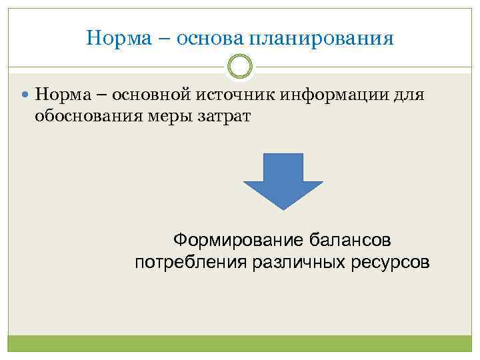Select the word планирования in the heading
click(321, 39)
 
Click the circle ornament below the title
click(240, 67)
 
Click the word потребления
click(189, 262)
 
